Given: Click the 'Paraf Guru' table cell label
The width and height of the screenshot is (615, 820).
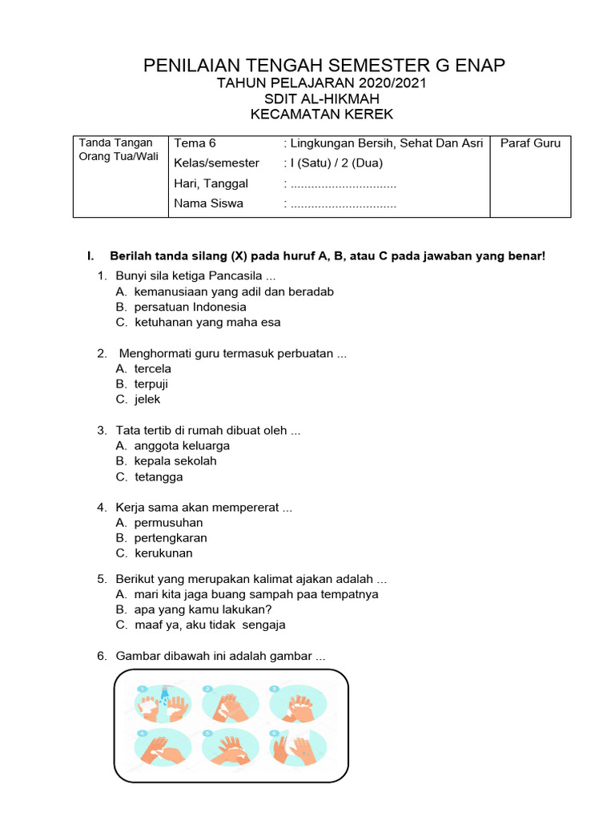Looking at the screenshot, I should point(530,144).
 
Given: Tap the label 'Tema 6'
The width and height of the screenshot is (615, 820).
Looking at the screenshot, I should point(195,144).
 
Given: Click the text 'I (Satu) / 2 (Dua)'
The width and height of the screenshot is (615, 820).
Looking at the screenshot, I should point(336,163).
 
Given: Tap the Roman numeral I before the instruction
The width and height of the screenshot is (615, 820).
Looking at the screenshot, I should point(91,256).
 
